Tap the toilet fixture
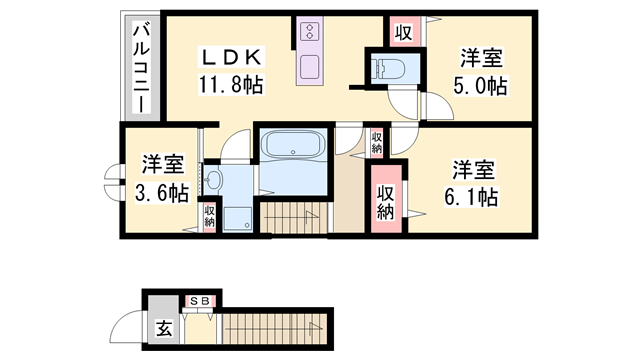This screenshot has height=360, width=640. [x=384, y=68]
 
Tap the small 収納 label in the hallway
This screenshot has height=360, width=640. [x=376, y=141]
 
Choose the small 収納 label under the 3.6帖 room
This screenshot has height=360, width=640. [x=210, y=217]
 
